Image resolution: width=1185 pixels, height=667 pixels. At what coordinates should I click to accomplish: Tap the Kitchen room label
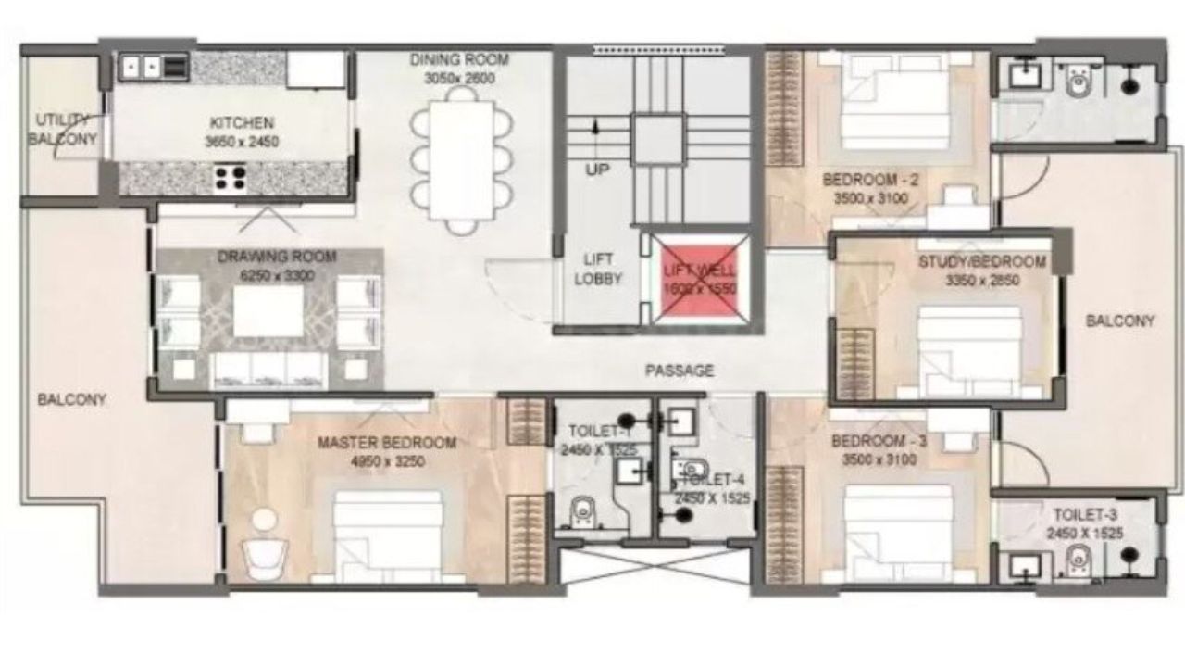click(x=242, y=122)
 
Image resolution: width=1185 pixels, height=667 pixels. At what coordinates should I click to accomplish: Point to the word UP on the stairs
click(x=597, y=170)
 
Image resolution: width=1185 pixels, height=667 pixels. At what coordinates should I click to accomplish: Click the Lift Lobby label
click(x=597, y=269)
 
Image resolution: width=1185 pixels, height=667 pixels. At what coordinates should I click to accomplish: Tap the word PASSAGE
click(x=680, y=371)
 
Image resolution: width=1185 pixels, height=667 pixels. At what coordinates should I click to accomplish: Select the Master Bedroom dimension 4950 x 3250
click(x=387, y=460)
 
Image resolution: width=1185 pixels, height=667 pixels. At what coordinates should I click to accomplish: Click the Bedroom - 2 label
click(x=870, y=180)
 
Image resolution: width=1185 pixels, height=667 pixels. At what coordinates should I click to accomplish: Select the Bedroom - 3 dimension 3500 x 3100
click(x=873, y=459)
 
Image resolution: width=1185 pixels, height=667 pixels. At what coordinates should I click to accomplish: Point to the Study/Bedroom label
click(x=981, y=262)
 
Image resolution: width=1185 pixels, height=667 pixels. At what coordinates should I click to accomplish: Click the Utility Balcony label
click(x=62, y=130)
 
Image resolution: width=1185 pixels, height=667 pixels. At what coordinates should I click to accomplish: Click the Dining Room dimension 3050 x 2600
click(x=460, y=79)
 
